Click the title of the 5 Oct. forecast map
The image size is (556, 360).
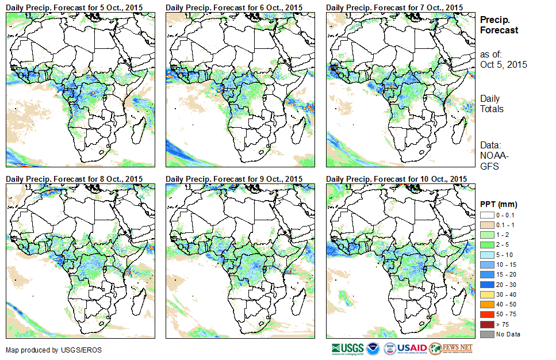74,7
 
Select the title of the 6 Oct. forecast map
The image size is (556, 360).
234,7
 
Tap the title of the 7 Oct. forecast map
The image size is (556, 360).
394,7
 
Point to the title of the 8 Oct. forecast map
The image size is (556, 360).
74,179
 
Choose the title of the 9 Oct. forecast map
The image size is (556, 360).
234,179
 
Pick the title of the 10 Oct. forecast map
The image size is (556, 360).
396,179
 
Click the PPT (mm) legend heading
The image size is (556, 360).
499,204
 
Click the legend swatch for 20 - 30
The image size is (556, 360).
486,284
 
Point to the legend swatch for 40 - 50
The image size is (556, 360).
486,304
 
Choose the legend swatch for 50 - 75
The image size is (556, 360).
486,314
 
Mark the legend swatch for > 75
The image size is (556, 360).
486,324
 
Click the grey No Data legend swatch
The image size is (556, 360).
486,334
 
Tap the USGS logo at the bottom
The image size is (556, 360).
347,348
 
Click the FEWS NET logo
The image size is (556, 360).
452,348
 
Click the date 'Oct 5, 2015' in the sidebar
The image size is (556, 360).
503,64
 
